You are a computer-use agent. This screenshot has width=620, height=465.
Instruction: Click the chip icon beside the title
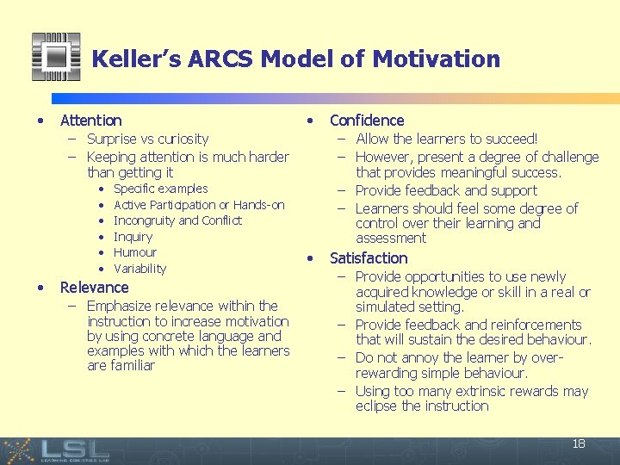[x=56, y=57]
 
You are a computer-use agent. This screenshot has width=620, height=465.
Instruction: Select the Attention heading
[x=90, y=121]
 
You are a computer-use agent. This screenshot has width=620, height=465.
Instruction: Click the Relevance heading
[x=94, y=288]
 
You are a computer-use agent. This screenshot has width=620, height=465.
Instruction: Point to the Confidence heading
[x=367, y=121]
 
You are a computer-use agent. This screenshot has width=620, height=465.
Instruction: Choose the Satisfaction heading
[x=369, y=258]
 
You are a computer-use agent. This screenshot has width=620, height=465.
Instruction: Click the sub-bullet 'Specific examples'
[x=160, y=189]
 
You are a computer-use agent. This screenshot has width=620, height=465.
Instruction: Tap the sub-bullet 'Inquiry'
[x=133, y=237]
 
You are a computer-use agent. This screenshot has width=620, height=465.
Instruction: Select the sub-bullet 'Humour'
[x=135, y=252]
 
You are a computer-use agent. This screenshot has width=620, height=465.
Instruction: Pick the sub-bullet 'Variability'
[x=139, y=269]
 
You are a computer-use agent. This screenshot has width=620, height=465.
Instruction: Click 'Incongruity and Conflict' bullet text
[x=177, y=220]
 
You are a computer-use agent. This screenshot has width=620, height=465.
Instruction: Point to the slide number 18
[x=579, y=444]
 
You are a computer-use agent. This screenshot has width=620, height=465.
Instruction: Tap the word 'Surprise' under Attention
[x=114, y=139]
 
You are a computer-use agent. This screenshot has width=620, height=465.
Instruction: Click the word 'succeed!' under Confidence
[x=509, y=139]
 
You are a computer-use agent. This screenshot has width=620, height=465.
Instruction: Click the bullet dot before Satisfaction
[x=311, y=258]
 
